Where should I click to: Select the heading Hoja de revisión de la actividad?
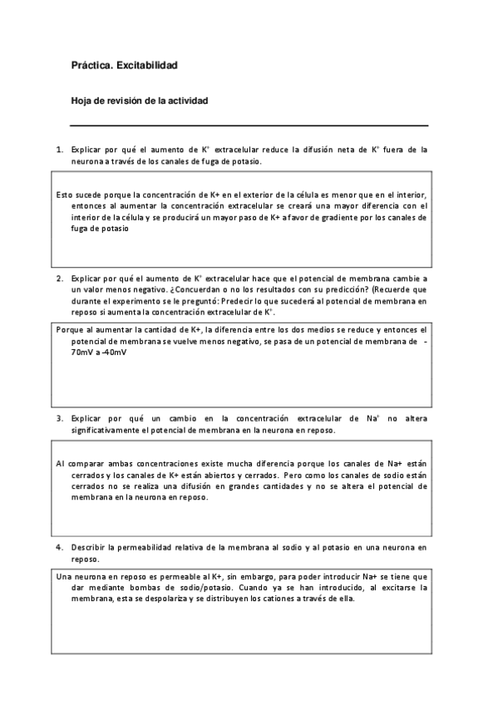139,101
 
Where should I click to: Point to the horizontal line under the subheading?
249,126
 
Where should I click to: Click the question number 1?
59,150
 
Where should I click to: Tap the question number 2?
59,278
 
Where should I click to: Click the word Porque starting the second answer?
69,330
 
